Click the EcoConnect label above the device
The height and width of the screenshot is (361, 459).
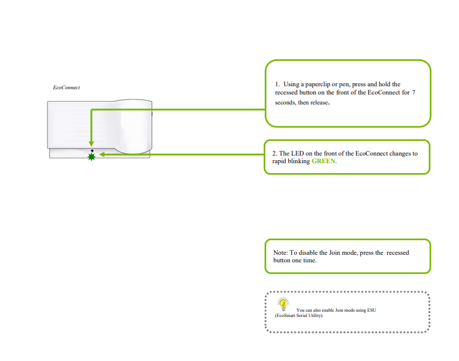click(66, 87)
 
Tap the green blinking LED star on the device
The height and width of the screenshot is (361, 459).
click(92, 157)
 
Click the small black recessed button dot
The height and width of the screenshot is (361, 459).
click(92, 151)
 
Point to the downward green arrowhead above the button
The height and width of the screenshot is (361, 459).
click(92, 144)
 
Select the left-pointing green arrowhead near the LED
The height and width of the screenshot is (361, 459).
click(102, 154)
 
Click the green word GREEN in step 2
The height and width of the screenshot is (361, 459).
click(323, 161)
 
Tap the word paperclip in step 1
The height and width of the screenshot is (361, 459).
click(318, 85)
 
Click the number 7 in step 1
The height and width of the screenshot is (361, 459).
click(413, 93)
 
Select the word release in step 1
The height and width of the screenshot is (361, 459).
click(319, 103)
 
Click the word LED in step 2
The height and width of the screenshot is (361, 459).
click(298, 153)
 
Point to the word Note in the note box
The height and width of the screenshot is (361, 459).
click(281, 252)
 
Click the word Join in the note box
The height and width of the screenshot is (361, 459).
click(335, 252)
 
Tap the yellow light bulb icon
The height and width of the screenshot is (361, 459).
click(283, 304)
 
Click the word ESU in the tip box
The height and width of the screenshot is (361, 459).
click(372, 310)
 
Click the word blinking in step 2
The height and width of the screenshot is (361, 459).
click(299, 161)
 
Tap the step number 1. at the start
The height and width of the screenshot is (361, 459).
click(278, 85)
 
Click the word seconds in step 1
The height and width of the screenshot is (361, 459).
click(285, 103)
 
